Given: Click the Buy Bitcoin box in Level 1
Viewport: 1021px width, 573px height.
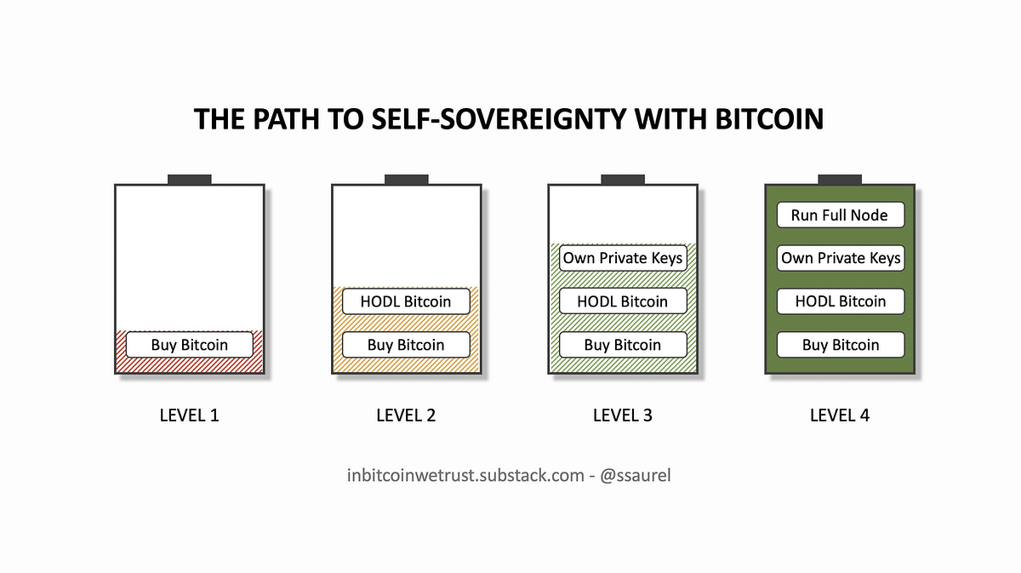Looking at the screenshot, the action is click(190, 345).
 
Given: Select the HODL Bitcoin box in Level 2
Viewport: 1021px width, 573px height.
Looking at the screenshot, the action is click(406, 301).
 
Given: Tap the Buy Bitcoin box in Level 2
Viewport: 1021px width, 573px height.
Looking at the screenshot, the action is click(406, 345).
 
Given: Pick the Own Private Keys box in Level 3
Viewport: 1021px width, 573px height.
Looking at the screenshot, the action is click(623, 258).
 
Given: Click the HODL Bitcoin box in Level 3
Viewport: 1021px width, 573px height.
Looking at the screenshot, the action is click(623, 301).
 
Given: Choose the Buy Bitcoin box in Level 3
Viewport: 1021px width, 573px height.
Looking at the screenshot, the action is click(623, 345).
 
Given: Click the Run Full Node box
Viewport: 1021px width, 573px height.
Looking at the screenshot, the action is click(840, 215).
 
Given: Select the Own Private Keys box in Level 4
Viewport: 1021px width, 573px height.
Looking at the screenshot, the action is click(841, 258).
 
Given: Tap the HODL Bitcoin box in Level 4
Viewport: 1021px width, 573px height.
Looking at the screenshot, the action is click(841, 301).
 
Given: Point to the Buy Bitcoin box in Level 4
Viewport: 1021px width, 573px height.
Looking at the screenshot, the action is click(841, 345).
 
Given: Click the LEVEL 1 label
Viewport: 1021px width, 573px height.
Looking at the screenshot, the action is click(190, 415).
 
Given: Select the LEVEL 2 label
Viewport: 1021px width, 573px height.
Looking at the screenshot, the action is click(406, 415).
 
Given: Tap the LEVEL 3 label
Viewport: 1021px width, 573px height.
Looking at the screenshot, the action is click(623, 415).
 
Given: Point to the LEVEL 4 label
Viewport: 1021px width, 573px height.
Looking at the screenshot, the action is click(840, 415).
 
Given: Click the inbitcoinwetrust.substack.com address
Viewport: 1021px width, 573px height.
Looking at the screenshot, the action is click(460, 474).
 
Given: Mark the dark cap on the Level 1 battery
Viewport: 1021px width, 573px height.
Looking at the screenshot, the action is click(190, 180).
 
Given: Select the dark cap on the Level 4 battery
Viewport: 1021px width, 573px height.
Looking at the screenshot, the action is click(840, 180).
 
